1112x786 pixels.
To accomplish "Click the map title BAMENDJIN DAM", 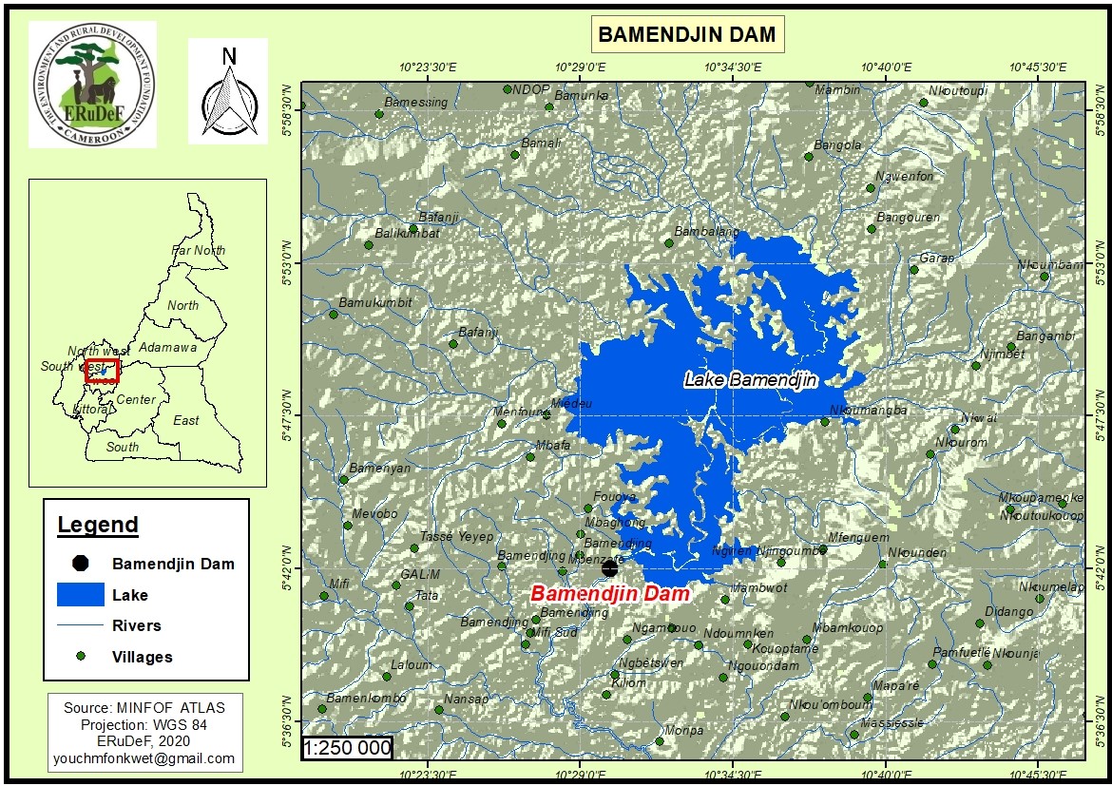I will point(686,35).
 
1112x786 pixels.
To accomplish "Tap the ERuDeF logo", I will point(92,85).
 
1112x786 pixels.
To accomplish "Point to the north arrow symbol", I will point(228,92).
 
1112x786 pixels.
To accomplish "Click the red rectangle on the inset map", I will point(102,371).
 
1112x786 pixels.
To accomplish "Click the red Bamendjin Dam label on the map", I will point(609,593).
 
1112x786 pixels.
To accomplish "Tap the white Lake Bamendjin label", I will point(751,380).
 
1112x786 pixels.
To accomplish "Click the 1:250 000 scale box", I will point(347,748).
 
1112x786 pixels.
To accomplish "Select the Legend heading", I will point(98,525).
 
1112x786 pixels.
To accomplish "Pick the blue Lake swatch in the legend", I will point(80,595).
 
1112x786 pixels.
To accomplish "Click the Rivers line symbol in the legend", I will point(80,625).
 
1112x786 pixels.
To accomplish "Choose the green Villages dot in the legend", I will point(81,657).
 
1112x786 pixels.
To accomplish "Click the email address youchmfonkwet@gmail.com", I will point(144,758).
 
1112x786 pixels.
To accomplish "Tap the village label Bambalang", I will point(706,232).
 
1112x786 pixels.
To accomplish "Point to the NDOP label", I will point(531,89).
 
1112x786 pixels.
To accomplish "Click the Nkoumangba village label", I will point(868,411).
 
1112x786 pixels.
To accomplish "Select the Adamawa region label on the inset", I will point(167,348).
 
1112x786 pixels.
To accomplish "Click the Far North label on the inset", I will point(198,251).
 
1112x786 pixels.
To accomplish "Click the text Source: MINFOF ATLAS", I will point(144,708).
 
